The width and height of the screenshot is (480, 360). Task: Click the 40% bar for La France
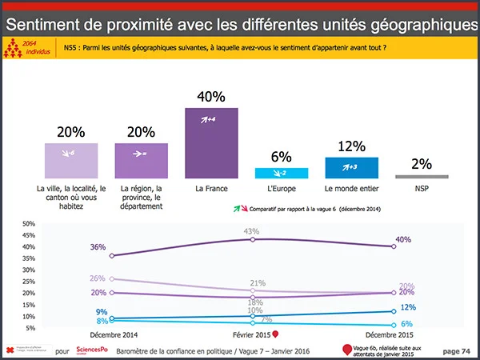[x=211, y=142]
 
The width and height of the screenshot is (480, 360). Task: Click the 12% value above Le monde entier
[x=351, y=146]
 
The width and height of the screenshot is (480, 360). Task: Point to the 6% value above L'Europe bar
[x=281, y=158]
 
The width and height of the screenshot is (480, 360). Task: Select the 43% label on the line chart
[x=252, y=231]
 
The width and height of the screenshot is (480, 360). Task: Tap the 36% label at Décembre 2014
[x=98, y=247]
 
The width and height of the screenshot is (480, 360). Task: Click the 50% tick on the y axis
[x=29, y=223]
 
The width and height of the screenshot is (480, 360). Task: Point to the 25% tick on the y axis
[x=29, y=282]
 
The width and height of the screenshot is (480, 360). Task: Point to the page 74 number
[x=456, y=350]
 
